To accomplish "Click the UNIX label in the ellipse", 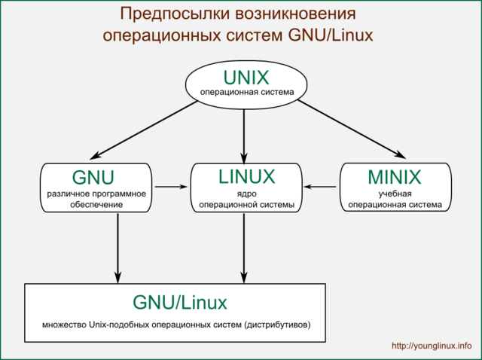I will [x=246, y=77].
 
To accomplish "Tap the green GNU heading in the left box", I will [x=93, y=178].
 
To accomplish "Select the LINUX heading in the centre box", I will [x=246, y=177].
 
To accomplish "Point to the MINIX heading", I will [x=395, y=178].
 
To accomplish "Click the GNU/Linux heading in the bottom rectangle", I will [x=179, y=302].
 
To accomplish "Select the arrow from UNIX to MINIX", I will [x=353, y=130].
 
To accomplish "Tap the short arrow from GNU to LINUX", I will [x=170, y=186].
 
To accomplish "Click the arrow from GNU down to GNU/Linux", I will [x=117, y=246].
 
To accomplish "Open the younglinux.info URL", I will [x=432, y=346].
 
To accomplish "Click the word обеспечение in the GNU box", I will [x=94, y=204].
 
